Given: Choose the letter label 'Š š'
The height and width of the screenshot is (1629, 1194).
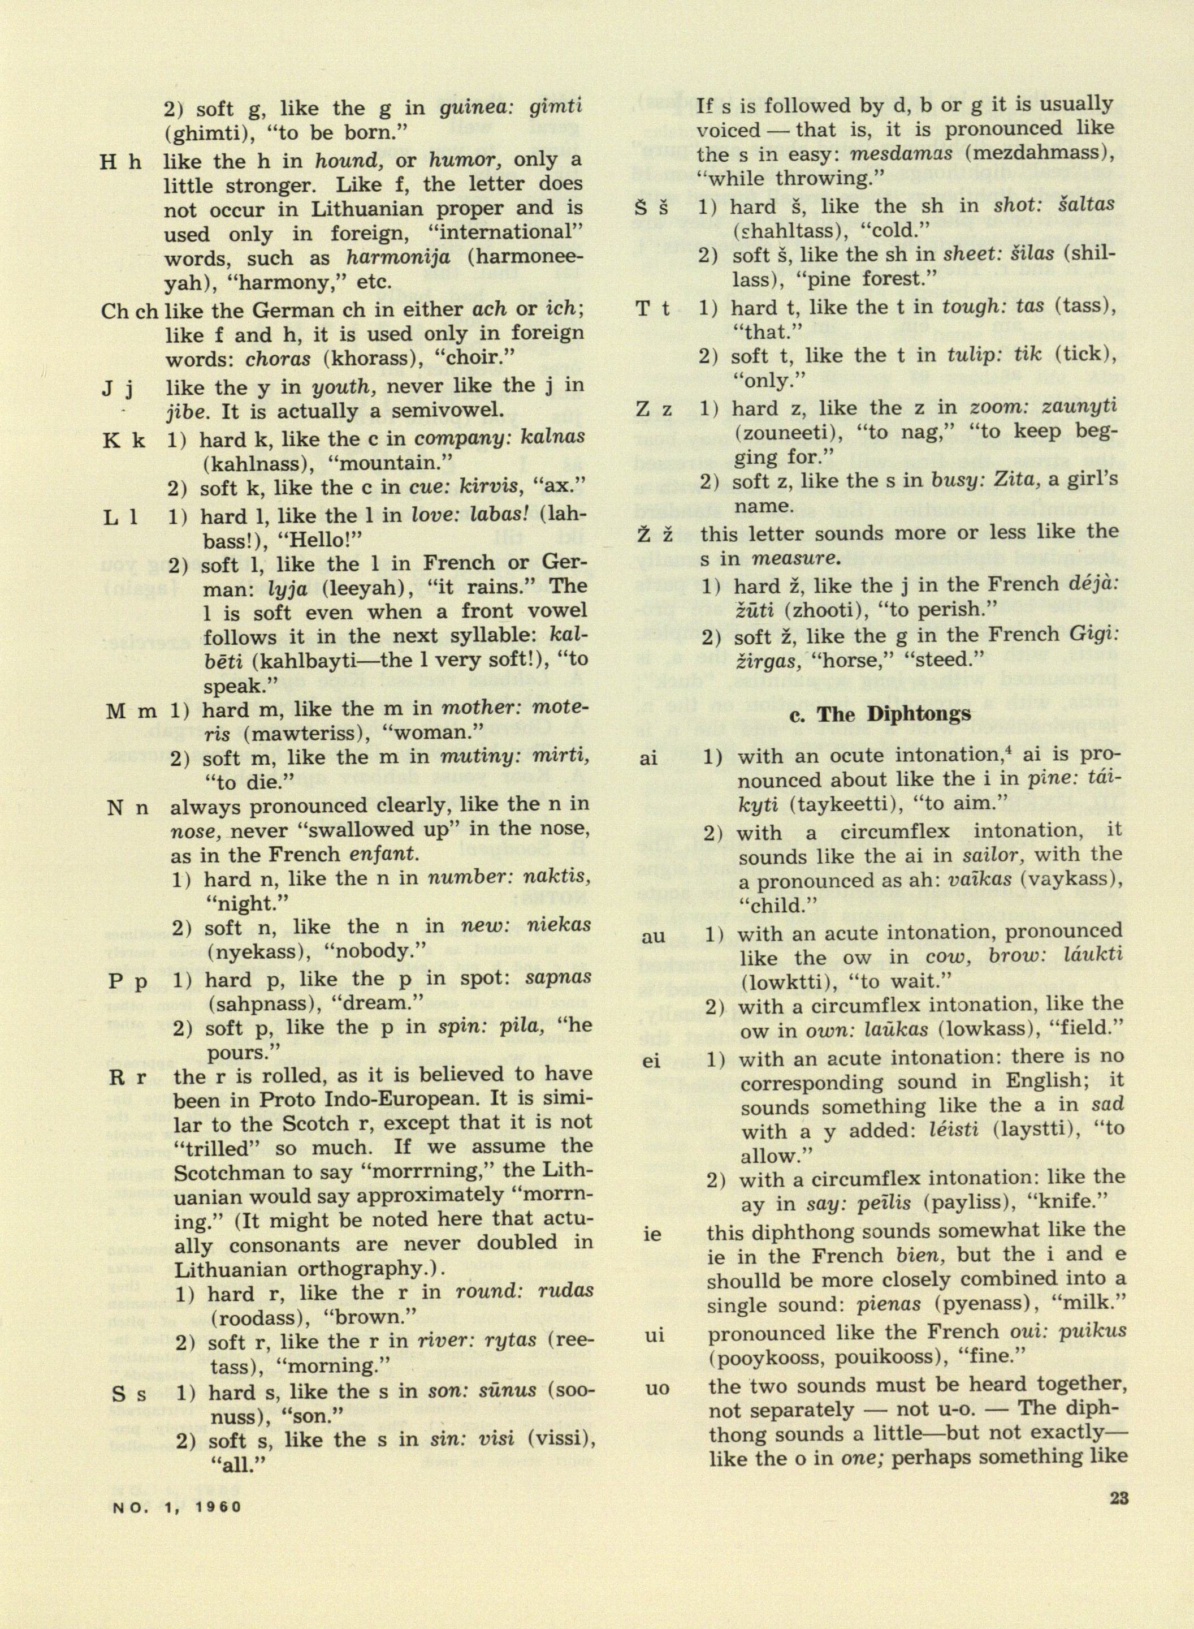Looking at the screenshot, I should click(x=652, y=207).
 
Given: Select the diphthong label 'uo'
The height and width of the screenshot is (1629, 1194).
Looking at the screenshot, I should click(x=657, y=1388).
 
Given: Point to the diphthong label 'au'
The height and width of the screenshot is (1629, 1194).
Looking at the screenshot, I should click(x=654, y=938).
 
